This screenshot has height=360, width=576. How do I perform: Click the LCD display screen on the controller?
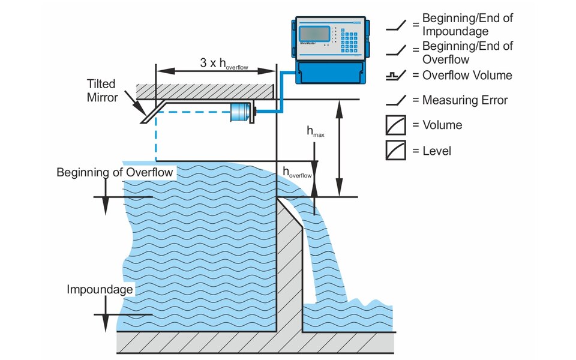click(314, 35)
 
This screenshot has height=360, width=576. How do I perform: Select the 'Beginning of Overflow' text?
click(115, 173)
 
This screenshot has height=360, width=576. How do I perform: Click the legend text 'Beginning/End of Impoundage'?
click(467, 25)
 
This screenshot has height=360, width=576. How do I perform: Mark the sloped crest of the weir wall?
click(290, 211)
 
